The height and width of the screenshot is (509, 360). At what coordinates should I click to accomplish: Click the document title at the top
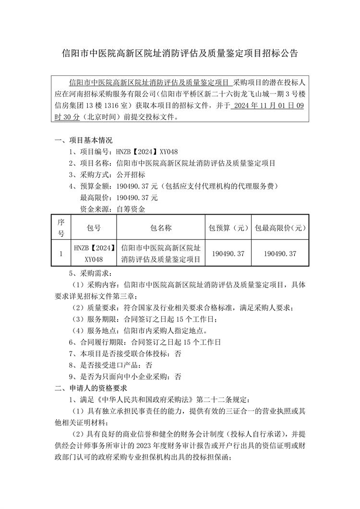pos(180,53)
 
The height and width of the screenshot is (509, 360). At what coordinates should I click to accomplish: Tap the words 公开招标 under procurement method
pos(131,174)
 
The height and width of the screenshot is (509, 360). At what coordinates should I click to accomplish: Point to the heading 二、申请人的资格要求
pos(91,388)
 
